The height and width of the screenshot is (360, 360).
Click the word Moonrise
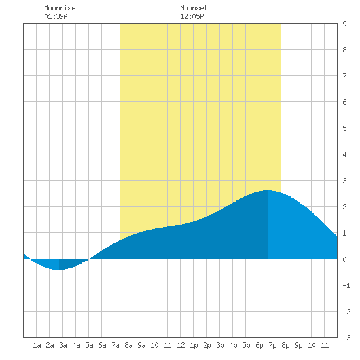click(x=60, y=8)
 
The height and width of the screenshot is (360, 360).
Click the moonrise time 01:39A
click(x=56, y=16)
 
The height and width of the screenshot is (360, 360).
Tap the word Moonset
click(x=194, y=8)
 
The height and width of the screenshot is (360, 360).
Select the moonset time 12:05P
click(x=192, y=16)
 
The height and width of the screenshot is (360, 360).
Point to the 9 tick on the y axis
click(x=344, y=24)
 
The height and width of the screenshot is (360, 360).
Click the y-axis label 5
click(x=344, y=128)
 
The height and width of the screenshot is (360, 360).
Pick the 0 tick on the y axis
click(x=344, y=259)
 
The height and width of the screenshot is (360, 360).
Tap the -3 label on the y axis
click(x=346, y=338)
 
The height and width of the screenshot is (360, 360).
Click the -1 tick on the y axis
click(x=346, y=285)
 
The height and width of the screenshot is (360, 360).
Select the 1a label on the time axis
click(x=37, y=345)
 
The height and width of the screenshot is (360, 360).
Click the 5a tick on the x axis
click(x=89, y=345)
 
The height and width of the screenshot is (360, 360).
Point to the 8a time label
click(x=128, y=345)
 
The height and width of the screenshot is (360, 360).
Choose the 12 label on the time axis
click(x=181, y=345)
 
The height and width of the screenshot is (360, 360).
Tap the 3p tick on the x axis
click(x=220, y=345)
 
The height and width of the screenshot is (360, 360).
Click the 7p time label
click(x=272, y=345)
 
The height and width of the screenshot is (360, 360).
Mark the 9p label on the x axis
click(x=298, y=345)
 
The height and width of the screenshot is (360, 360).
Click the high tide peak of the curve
click(x=268, y=190)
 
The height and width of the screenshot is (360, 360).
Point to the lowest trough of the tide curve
click(x=59, y=269)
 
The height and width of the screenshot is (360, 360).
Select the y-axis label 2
click(x=344, y=207)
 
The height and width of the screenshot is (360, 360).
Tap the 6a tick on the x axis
click(x=102, y=345)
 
